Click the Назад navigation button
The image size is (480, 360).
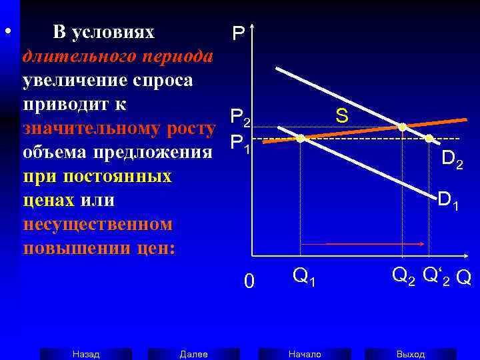[86, 354]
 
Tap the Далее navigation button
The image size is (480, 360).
[193, 354]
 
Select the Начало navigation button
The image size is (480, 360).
[305, 354]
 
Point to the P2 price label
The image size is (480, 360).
[240, 119]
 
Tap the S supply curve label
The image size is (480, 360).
[341, 116]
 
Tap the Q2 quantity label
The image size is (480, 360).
[403, 275]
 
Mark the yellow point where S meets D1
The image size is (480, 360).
[301, 139]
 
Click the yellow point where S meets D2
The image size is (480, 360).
[403, 127]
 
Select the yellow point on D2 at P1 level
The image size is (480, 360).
[429, 139]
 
